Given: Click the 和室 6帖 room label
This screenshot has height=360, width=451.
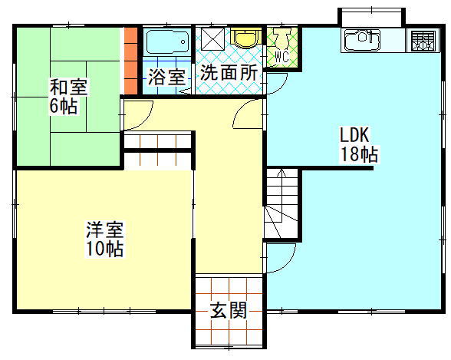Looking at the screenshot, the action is (x=68, y=97).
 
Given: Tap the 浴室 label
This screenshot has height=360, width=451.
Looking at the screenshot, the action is (x=167, y=77).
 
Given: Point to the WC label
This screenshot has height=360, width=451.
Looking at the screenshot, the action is (x=281, y=57).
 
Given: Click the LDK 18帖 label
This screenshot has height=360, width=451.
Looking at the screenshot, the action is (x=359, y=145).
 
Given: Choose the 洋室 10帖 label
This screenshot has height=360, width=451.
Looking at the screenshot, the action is (x=105, y=239).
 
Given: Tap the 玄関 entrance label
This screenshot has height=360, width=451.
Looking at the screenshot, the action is (x=229, y=310).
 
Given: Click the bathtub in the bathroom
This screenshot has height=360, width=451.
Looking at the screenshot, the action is (x=168, y=41).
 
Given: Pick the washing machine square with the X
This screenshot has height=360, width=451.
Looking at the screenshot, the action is (x=212, y=39).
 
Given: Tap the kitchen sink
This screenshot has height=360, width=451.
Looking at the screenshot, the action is (x=362, y=39).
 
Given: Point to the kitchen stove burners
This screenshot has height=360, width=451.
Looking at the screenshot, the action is (x=423, y=41).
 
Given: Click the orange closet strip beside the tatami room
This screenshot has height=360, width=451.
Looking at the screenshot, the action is (x=130, y=61).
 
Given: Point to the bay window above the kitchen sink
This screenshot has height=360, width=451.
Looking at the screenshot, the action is (x=371, y=18).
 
